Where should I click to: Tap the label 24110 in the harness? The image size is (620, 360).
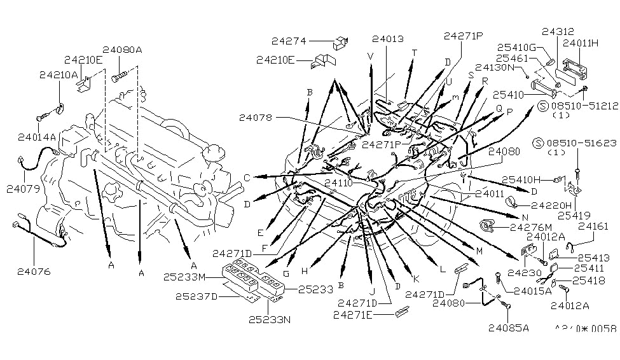point(340,183)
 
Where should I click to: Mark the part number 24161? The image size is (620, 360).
point(593,226)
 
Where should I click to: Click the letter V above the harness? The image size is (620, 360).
point(370,55)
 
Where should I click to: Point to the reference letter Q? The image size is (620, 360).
point(499,108)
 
